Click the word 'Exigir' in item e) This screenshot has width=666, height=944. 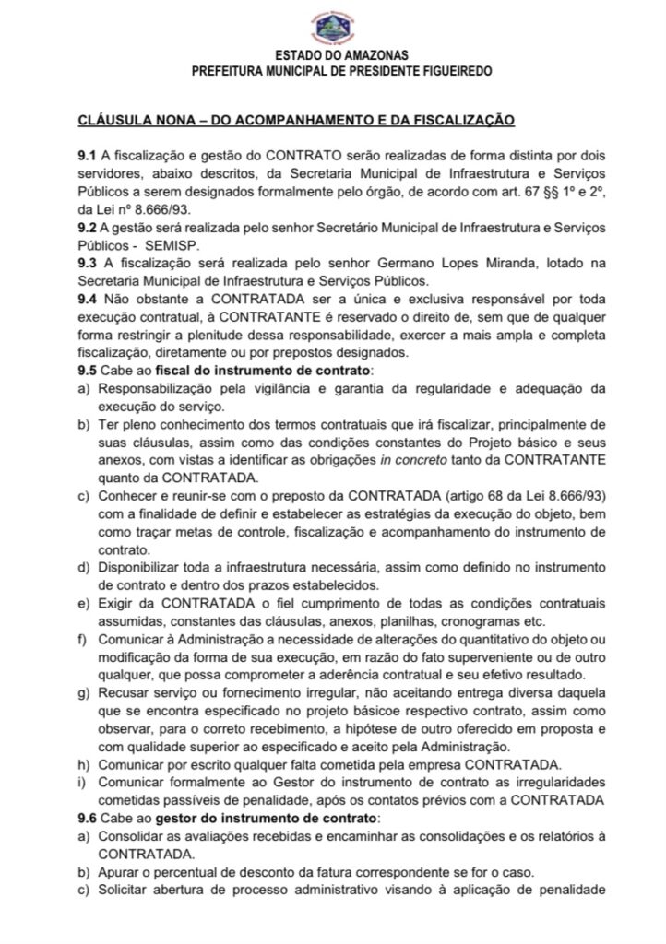pos(118,603)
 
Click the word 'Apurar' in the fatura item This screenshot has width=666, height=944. pos(119,873)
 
